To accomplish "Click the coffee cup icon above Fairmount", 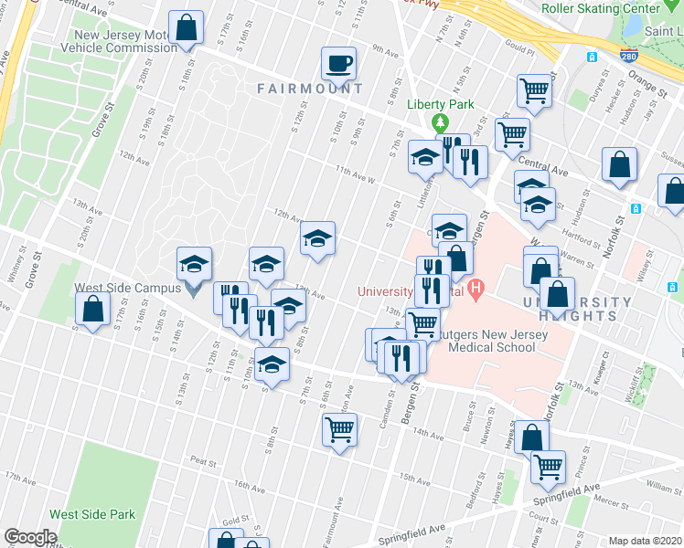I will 338,65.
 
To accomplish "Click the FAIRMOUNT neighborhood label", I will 310,89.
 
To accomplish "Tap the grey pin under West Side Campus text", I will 192,290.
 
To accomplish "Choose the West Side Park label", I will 92,514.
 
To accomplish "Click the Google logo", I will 30,537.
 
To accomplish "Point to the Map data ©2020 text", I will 645,541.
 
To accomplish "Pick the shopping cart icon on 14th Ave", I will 339,429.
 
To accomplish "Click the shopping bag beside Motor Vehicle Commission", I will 186,29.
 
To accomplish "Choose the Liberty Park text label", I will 441,104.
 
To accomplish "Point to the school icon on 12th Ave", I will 317,240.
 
